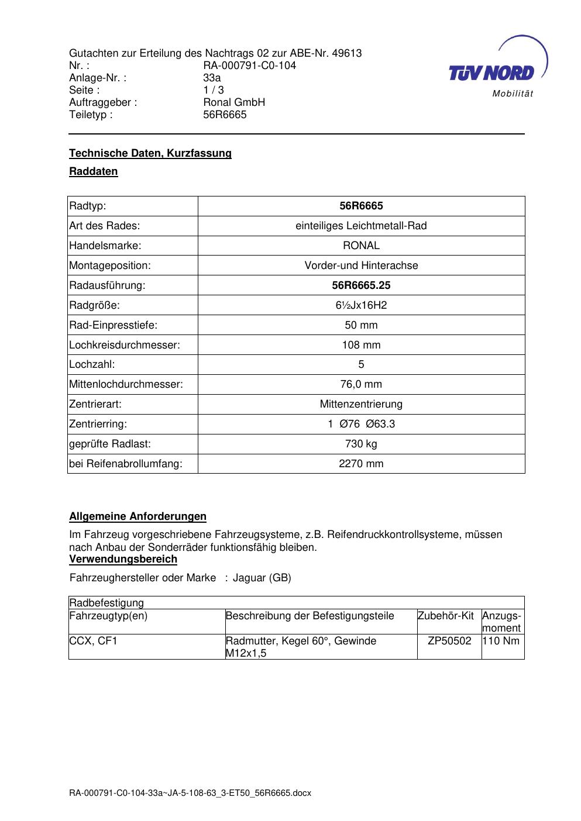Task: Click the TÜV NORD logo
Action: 492,73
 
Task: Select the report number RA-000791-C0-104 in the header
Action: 249,65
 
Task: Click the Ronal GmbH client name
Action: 234,102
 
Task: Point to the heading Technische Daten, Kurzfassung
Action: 150,153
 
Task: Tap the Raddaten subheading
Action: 94,171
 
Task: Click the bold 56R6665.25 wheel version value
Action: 361,285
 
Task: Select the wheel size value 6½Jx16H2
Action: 361,305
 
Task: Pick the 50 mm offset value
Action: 361,325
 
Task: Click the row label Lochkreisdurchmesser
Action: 125,345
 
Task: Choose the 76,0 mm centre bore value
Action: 361,384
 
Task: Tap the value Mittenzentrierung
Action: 361,404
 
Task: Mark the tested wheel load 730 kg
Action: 361,444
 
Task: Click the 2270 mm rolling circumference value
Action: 361,464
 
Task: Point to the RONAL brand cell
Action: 361,246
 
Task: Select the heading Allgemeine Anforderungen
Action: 137,516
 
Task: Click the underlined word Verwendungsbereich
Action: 123,559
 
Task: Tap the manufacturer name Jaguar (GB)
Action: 262,578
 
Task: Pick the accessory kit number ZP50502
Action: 449,641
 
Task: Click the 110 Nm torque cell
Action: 502,641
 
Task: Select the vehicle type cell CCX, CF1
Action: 94,641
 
